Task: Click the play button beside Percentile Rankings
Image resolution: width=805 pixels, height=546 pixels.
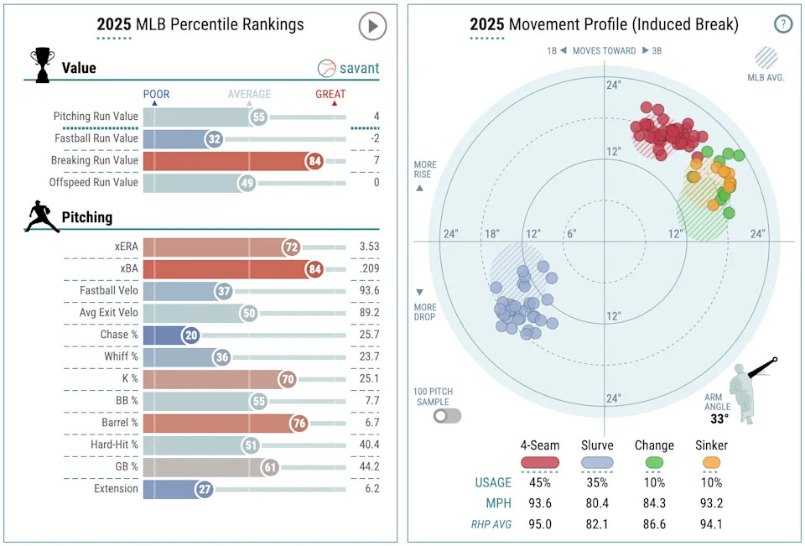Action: [x=372, y=26]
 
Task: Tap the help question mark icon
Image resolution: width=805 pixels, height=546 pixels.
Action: [x=783, y=24]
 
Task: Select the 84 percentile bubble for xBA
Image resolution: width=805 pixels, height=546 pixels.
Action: [x=314, y=269]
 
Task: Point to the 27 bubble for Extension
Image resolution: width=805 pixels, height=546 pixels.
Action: [x=204, y=489]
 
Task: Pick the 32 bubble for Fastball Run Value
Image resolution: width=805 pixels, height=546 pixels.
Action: [x=215, y=139]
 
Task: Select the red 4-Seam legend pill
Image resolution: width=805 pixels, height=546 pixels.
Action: [x=541, y=461]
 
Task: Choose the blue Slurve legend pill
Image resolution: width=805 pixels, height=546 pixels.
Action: [x=597, y=461]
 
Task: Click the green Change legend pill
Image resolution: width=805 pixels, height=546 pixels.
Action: [x=653, y=461]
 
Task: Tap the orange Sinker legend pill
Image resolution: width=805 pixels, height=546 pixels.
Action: [x=711, y=461]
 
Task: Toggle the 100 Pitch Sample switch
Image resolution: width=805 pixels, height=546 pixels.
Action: [x=447, y=415]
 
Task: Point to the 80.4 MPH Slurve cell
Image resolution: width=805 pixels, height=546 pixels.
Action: [x=597, y=502]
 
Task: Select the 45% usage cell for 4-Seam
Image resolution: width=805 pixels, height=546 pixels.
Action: [x=541, y=482]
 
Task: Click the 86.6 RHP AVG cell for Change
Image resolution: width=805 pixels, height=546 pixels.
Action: [x=653, y=524]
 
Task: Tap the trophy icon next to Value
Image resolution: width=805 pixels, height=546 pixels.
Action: [x=42, y=63]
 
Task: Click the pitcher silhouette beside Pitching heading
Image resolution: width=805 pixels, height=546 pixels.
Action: [x=42, y=216]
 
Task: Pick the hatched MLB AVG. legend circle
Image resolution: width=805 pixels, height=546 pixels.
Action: [x=766, y=57]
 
